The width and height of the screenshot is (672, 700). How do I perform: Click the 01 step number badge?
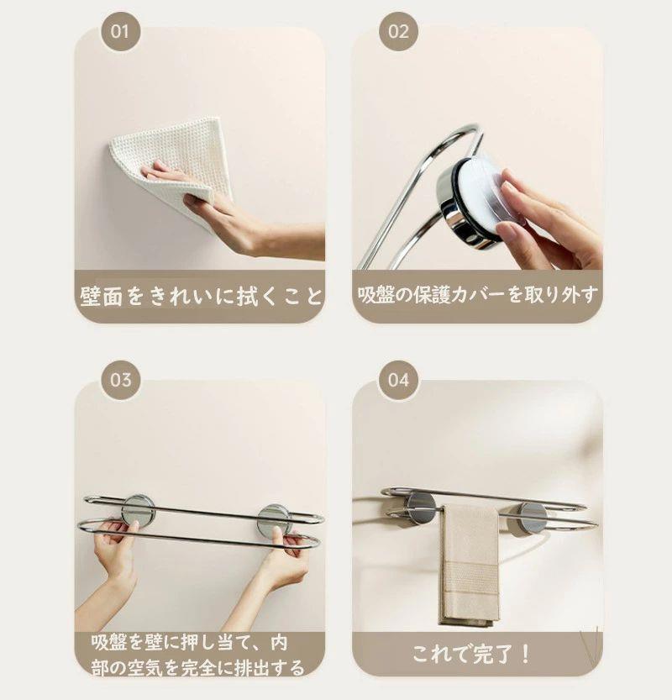120,31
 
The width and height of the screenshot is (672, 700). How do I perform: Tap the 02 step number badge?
398,31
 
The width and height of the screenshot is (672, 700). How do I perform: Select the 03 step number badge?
120,380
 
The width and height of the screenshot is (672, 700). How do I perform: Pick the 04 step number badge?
398,380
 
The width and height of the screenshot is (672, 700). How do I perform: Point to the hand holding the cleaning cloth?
237,214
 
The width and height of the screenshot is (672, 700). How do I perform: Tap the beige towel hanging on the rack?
470,566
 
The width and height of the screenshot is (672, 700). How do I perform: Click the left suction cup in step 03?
139,510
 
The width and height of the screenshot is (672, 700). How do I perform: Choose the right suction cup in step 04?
530,518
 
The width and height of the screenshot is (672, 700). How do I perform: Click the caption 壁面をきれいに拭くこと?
201,296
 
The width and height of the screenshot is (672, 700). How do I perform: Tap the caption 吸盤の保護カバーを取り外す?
477,295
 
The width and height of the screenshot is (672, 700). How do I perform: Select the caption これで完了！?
471,655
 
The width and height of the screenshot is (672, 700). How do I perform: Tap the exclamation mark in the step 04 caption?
526,655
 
